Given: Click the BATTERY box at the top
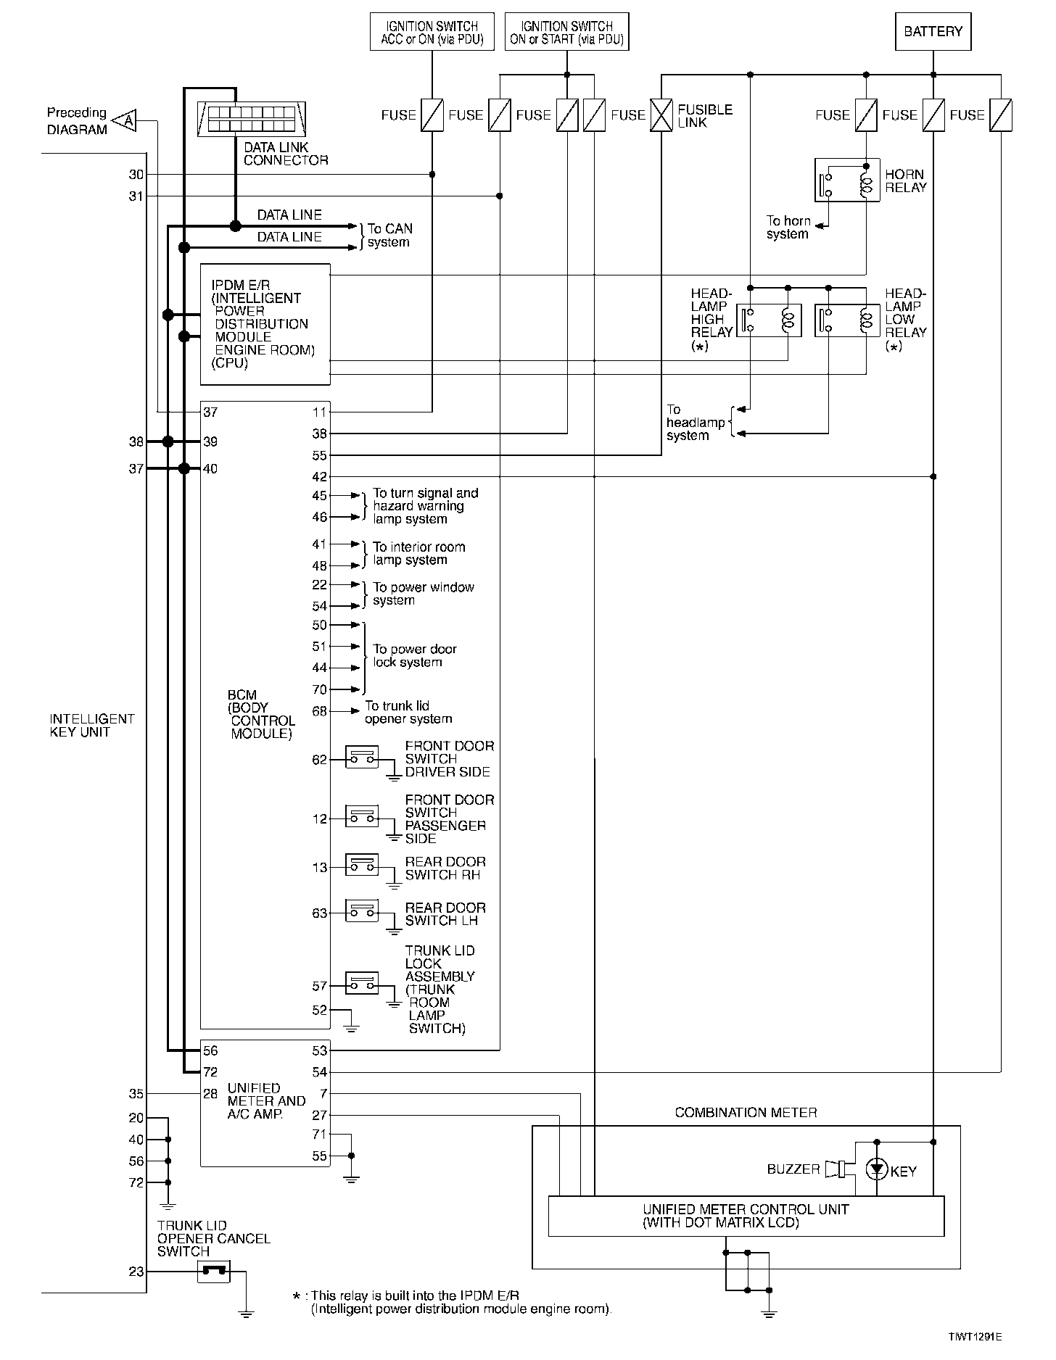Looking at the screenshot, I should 933,32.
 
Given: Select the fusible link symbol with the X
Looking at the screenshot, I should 661,115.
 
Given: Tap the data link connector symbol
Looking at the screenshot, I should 251,119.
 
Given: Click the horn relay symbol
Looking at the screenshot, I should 846,180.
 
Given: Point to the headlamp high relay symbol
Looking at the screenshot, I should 769,320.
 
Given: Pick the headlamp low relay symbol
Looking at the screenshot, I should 846,320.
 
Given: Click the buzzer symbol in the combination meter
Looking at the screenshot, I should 836,1169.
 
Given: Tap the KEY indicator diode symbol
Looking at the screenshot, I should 877,1169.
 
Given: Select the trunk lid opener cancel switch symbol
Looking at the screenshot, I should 214,1271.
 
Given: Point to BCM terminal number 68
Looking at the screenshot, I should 320,711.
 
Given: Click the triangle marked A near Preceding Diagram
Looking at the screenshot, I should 126,120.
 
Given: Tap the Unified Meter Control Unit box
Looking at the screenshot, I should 746,1216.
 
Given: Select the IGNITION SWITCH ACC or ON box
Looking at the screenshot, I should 432,32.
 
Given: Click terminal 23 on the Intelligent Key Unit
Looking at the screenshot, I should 136,1272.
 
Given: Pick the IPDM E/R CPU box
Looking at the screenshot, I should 265,324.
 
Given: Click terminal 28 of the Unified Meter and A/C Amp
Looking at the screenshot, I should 210,1093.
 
